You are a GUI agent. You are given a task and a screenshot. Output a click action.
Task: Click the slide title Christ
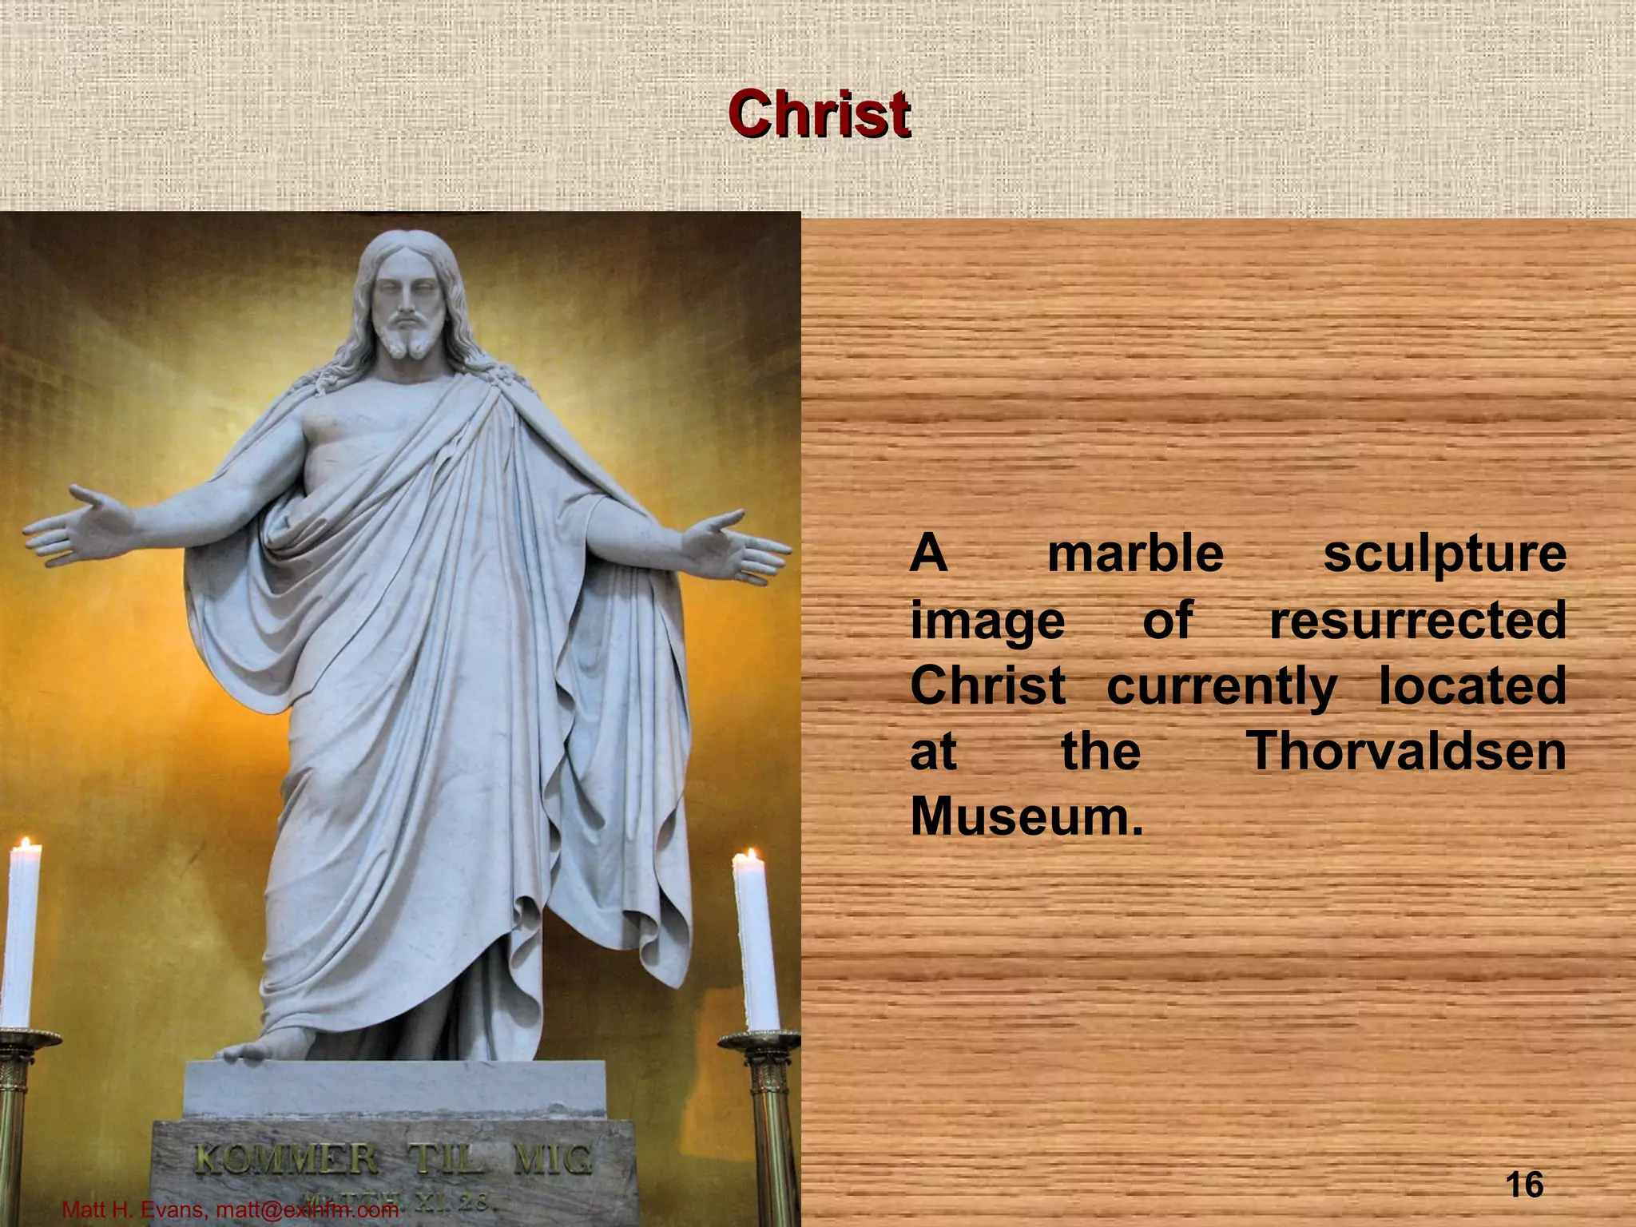coord(819,115)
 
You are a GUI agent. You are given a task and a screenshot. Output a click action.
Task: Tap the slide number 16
coord(1523,1184)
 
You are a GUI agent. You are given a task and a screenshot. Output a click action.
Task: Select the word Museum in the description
coord(1026,816)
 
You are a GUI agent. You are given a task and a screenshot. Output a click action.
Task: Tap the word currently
coord(1221,687)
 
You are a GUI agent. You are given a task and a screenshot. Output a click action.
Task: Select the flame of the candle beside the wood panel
coord(751,858)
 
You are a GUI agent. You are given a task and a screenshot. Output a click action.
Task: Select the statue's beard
coord(407,340)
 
